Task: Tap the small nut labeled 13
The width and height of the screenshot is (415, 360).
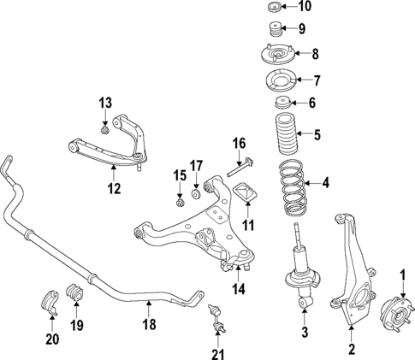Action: point(104,131)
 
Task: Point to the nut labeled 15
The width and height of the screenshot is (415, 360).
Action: point(180,202)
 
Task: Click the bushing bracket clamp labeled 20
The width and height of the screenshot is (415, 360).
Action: point(50,302)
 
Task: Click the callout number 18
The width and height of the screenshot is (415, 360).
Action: point(149,325)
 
